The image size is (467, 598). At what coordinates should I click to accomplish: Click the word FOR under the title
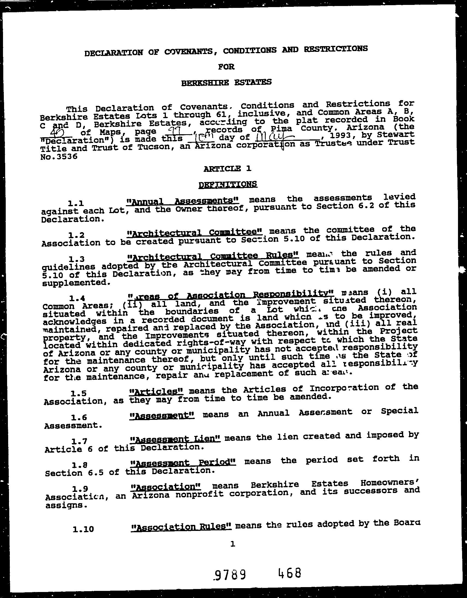[x=226, y=67]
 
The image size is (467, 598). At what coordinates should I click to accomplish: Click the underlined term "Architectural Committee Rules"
[x=213, y=255]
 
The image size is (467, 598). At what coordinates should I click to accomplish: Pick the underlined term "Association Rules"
[x=181, y=527]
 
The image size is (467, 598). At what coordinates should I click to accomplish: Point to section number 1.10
[x=83, y=529]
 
